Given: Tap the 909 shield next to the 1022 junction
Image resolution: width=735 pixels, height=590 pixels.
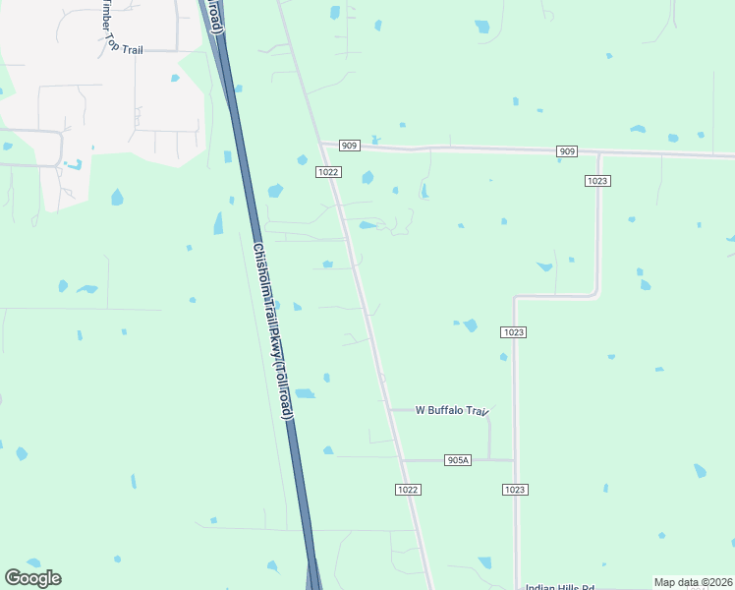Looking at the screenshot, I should tap(350, 146).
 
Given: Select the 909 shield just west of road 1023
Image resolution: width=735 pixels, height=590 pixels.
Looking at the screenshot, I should tap(566, 151).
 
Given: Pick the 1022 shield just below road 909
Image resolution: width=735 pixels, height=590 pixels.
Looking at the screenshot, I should tap(328, 171).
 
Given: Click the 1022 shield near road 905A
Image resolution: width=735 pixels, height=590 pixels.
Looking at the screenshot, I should tap(409, 489).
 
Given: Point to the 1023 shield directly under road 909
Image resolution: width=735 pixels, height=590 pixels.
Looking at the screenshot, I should tap(597, 180).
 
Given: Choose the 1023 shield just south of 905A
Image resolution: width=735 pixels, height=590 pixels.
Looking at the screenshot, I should tap(515, 489).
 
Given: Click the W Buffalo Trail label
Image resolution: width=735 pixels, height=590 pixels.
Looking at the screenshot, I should tap(452, 410).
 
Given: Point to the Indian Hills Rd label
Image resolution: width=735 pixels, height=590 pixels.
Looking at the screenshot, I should tap(560, 587).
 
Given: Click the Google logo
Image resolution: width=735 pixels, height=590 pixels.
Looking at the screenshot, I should tap(32, 578).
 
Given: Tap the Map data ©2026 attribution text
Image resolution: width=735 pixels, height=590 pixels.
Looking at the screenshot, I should tap(693, 582).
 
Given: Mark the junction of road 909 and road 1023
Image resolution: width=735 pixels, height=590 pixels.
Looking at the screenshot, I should tap(598, 153).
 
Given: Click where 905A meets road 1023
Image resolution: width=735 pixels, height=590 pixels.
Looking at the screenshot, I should tap(515, 459).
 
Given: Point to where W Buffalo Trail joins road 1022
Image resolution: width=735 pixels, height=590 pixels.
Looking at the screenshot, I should tap(388, 410).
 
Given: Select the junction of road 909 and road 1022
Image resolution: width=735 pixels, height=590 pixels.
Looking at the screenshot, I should tap(320, 145).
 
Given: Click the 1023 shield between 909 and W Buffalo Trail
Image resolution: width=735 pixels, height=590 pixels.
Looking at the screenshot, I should tap(512, 332).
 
